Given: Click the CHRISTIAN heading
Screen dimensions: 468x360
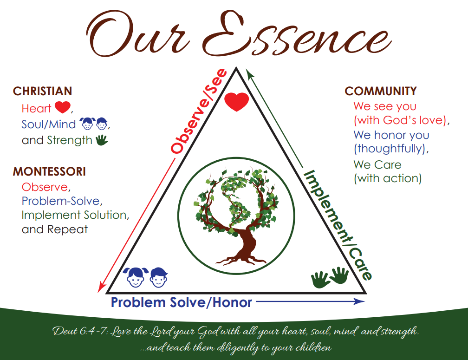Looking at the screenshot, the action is coord(42,91).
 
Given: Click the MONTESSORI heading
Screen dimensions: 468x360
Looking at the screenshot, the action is coord(49,172).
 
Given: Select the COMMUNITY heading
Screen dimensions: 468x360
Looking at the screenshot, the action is coord(381,91).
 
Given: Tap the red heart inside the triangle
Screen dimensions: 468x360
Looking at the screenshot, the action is coord(236,102).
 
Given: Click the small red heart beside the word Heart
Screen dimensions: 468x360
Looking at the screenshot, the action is coord(63,107).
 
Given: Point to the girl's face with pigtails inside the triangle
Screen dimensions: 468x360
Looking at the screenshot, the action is coord(136,277).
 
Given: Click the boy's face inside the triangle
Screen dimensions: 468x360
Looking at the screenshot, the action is coord(158,277).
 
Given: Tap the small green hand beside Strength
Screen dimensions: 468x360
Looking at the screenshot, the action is coord(102,140).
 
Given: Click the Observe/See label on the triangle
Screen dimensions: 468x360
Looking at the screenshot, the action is coord(199,111).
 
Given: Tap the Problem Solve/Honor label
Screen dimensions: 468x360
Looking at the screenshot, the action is coord(182,302).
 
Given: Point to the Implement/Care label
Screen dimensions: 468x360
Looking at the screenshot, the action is coord(338,225).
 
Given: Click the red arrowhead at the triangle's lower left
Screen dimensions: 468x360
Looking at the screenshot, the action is coord(102,288).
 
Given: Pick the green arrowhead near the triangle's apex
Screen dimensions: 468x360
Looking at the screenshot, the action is coord(249,73).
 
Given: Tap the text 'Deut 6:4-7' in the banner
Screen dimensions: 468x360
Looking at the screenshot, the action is coord(80,331).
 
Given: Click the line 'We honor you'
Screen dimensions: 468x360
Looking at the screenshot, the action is coord(391,135).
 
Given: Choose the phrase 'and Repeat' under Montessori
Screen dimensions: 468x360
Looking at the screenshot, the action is coord(55,229).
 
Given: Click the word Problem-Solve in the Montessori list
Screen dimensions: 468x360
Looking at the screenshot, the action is coord(60,201).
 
